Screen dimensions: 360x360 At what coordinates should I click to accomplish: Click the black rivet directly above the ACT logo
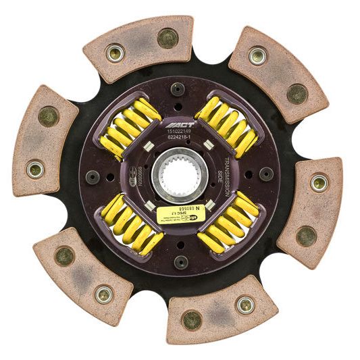(x=178, y=88)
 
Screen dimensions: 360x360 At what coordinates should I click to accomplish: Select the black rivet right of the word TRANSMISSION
(x=266, y=174)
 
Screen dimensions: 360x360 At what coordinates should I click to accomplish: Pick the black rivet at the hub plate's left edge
(x=93, y=177)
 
